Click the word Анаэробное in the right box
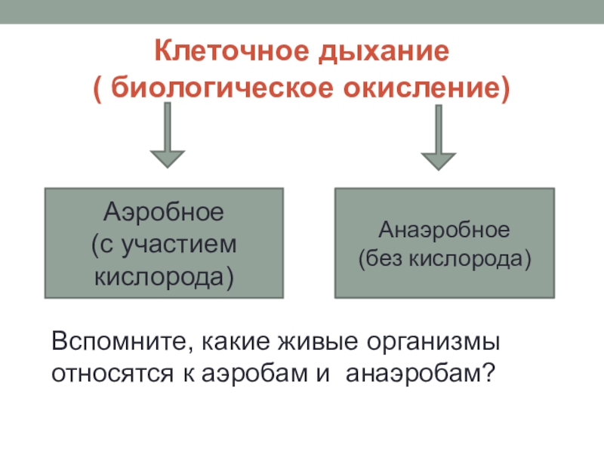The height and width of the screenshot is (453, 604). click(x=445, y=229)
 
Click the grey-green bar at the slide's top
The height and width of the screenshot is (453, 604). click(x=302, y=11)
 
